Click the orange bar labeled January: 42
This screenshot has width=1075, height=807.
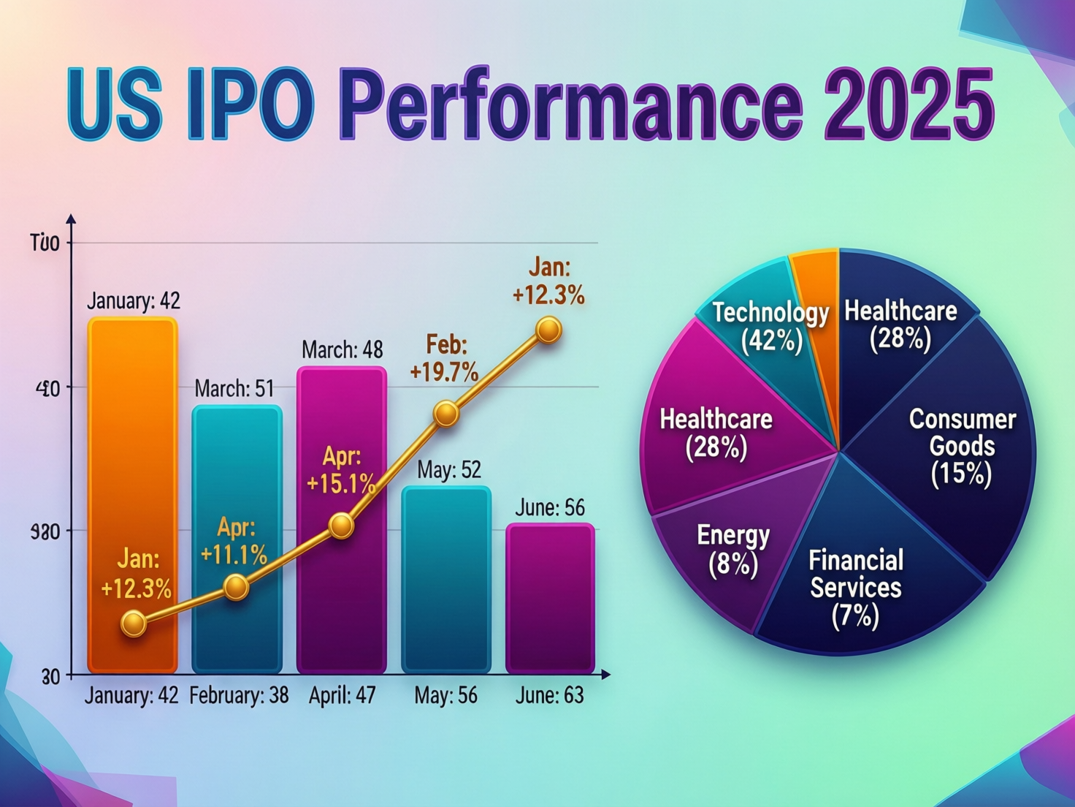click(132, 468)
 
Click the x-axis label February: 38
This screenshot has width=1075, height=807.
click(239, 695)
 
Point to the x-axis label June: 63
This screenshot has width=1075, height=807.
click(549, 695)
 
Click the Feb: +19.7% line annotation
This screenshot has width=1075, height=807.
click(444, 358)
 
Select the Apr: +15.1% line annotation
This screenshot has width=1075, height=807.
click(341, 470)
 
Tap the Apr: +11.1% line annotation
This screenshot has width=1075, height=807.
click(234, 542)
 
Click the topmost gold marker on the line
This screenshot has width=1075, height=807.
click(548, 330)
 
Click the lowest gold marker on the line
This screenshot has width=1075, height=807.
click(134, 624)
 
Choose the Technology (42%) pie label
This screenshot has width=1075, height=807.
click(771, 326)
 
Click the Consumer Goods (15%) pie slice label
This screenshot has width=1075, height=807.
click(962, 446)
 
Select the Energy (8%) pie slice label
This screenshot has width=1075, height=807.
click(733, 550)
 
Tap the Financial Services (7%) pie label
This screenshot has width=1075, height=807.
click(856, 588)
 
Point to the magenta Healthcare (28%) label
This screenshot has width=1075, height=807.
click(716, 433)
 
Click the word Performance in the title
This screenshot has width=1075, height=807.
click(570, 103)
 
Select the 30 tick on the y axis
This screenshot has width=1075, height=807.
click(50, 677)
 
